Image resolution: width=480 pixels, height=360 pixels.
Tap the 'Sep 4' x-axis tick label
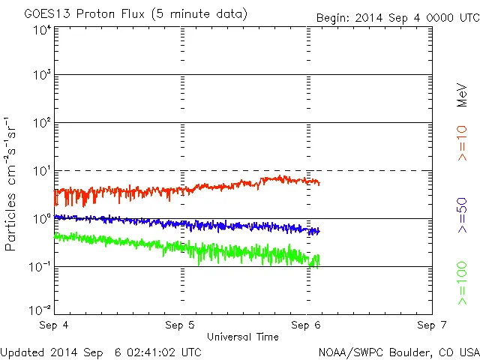[x=55, y=325]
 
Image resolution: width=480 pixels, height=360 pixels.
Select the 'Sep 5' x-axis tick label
[x=180, y=325]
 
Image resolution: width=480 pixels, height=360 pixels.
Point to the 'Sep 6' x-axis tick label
[x=306, y=325]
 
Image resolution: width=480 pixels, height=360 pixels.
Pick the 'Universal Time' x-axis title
[x=243, y=337]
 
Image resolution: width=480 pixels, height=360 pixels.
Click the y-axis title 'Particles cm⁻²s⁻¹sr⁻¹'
[x=11, y=183]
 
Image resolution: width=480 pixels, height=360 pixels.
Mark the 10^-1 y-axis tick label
[x=40, y=266]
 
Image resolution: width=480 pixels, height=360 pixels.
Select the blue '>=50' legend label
[x=462, y=215]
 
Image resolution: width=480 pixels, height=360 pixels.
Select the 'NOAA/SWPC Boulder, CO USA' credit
[x=398, y=351]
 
